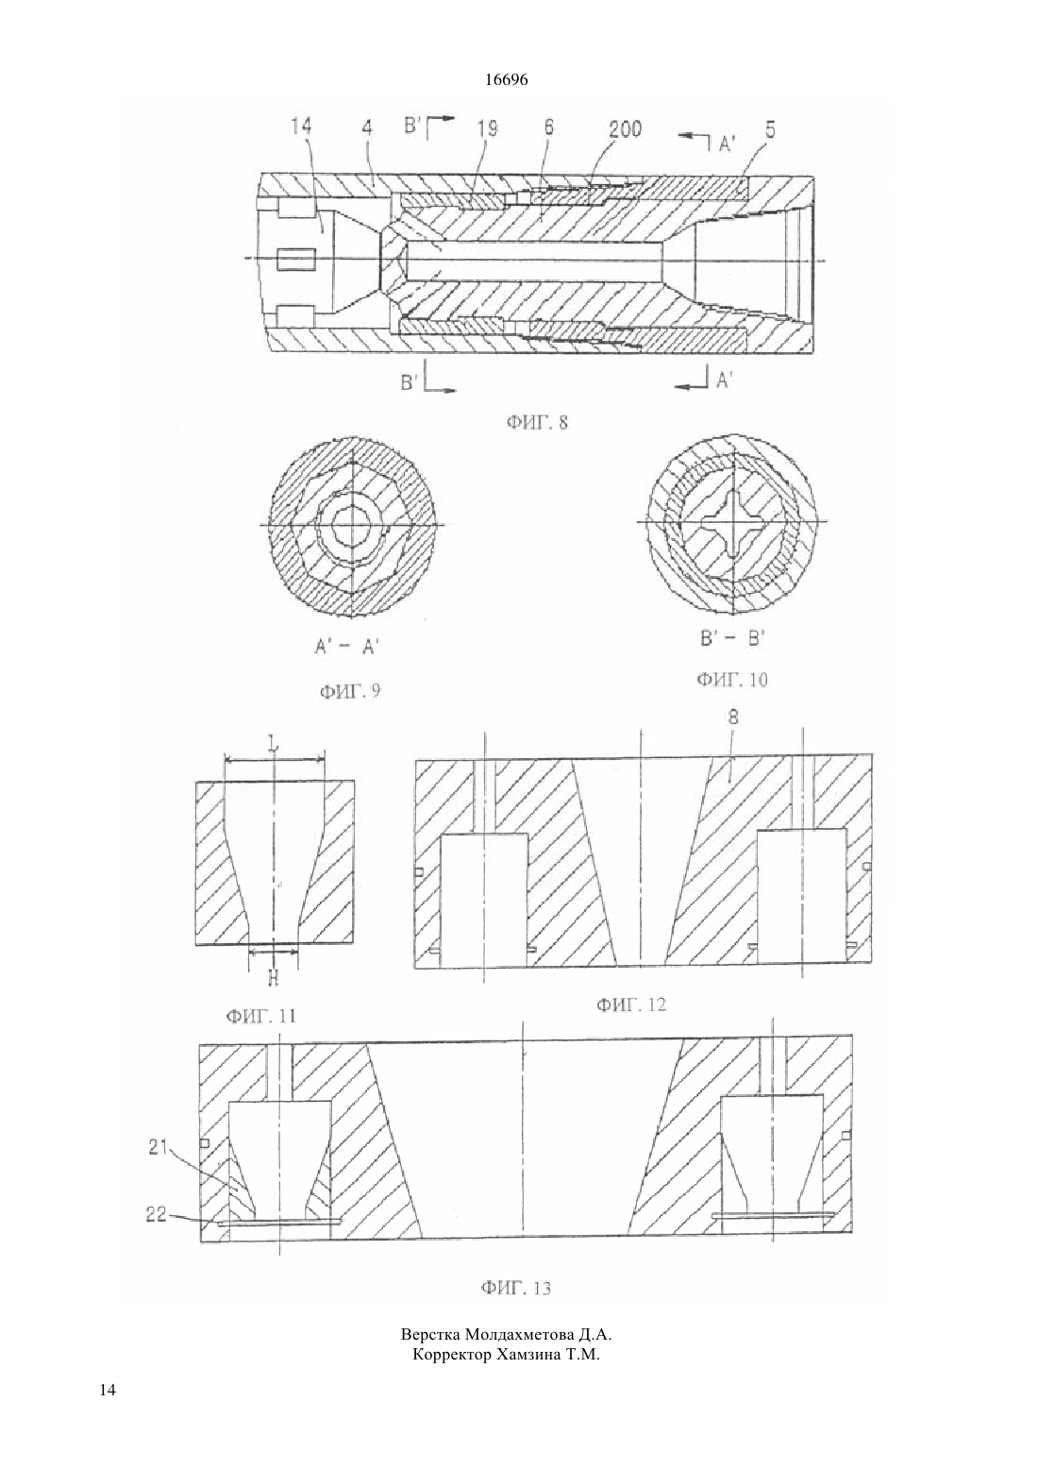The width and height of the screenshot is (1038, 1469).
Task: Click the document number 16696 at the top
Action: (x=506, y=80)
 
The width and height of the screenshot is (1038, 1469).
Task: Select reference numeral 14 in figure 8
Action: (x=301, y=126)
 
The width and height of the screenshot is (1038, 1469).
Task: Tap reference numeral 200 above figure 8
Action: (x=625, y=129)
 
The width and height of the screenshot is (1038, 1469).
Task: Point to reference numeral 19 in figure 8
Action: (x=487, y=127)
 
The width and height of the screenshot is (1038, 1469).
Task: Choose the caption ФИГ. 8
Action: (x=537, y=423)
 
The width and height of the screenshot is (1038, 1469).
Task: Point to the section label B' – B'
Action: (x=732, y=638)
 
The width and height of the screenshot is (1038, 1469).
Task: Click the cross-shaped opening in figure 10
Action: (x=732, y=522)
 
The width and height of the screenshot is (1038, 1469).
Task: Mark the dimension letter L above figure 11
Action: (x=274, y=744)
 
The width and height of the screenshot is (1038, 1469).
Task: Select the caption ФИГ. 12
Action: (x=631, y=1004)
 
